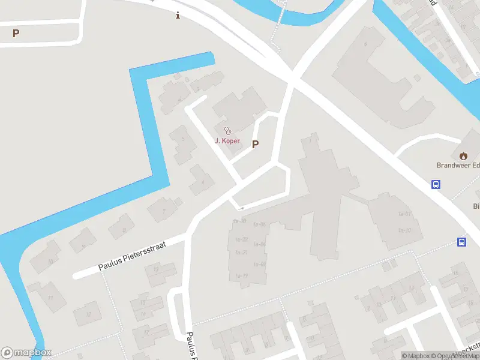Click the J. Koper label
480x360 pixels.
[227, 141]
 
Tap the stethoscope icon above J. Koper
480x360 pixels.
[227, 130]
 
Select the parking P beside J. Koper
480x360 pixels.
[255, 144]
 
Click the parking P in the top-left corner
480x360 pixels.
[16, 34]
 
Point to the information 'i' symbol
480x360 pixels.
[178, 16]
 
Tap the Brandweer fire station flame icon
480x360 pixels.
[463, 154]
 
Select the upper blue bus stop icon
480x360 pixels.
[436, 185]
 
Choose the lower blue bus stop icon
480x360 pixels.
[462, 242]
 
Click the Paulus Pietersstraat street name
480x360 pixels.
[131, 256]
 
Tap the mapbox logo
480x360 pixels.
[26, 353]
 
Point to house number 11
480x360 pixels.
[50, 298]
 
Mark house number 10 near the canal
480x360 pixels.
[50, 262]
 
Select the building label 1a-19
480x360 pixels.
[242, 276]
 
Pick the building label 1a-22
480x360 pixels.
[241, 239]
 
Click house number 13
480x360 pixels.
[157, 269]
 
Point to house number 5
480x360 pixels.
[184, 139]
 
